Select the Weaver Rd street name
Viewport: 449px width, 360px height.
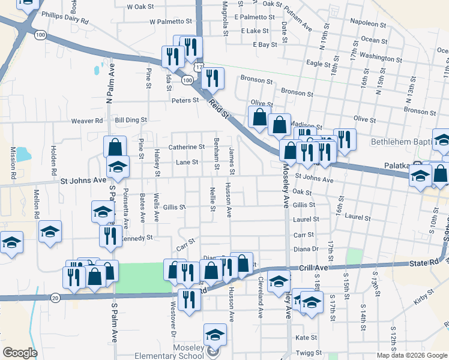point(87,121)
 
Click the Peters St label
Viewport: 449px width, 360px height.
point(185,100)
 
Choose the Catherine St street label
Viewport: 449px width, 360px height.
point(186,147)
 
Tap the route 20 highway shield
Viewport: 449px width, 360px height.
point(55,298)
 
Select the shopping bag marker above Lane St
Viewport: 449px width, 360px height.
point(115,146)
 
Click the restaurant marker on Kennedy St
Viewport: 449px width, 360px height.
point(110,236)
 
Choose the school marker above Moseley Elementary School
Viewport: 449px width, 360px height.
point(215,335)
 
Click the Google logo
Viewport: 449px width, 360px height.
point(20,353)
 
